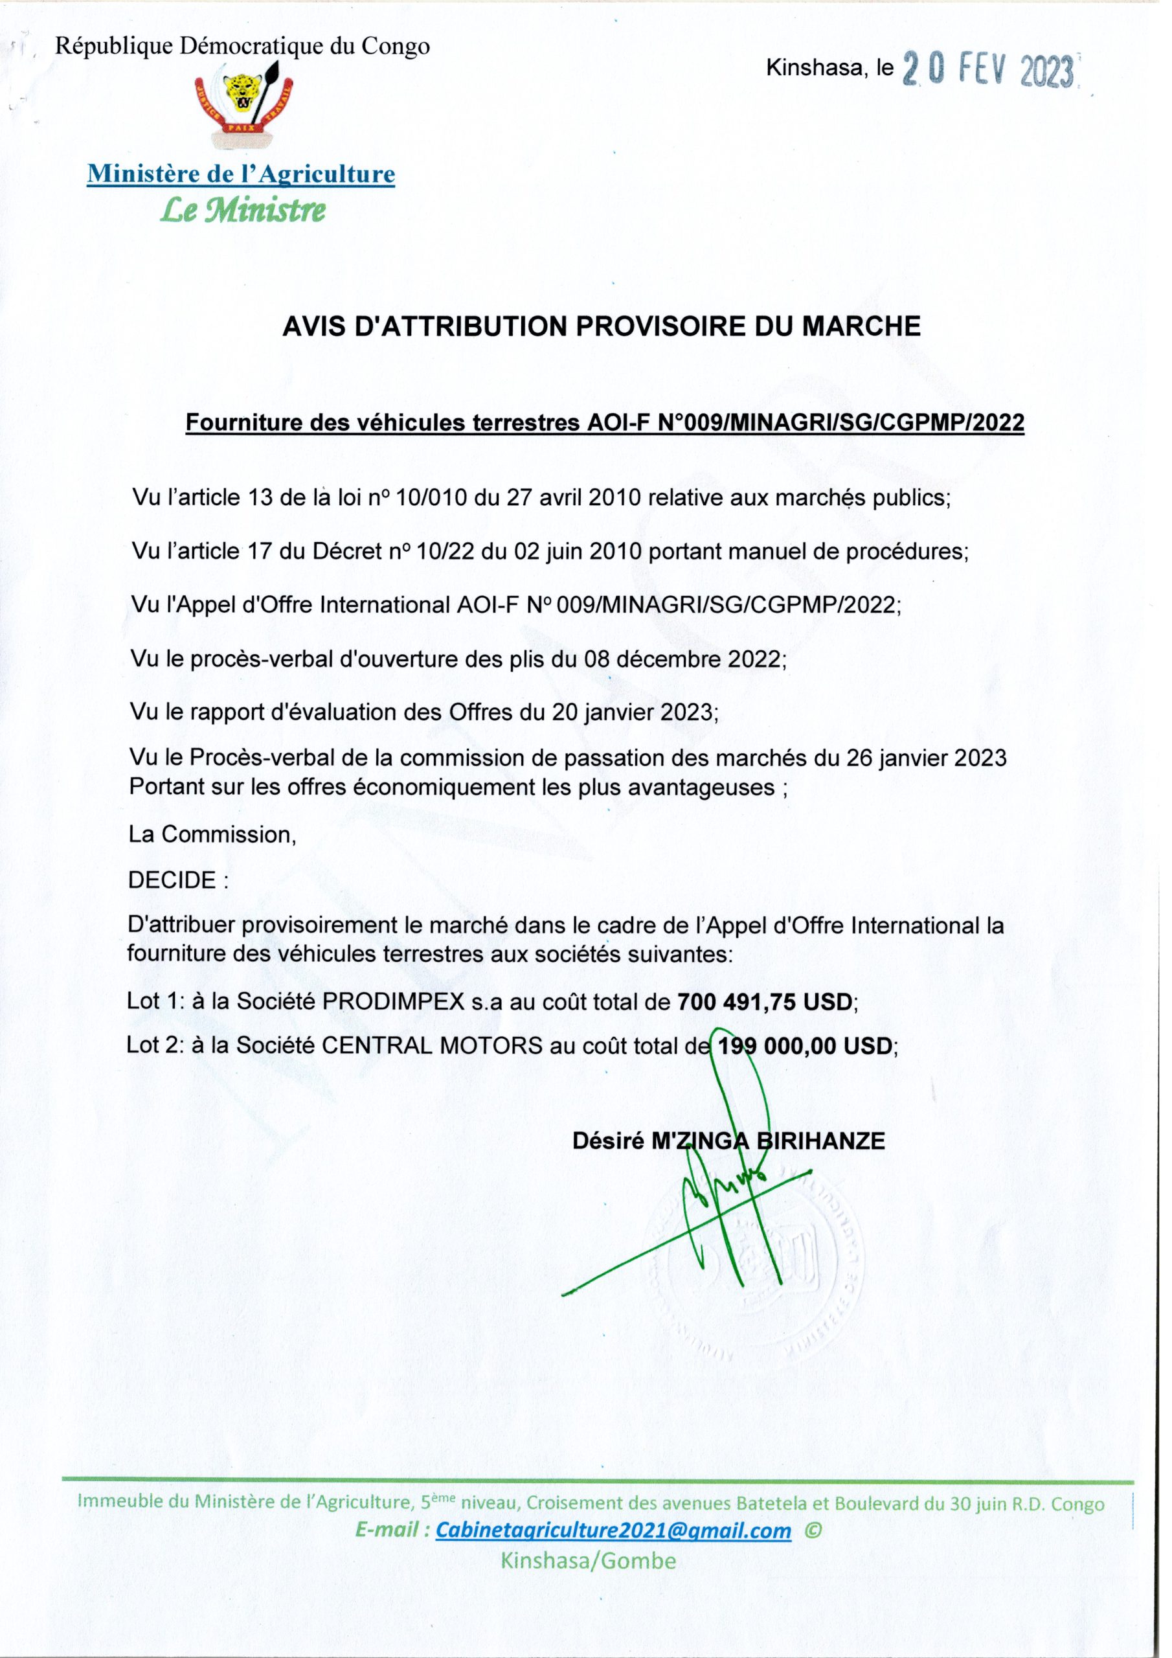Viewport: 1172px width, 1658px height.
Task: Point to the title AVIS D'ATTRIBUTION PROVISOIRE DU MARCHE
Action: coord(601,327)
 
